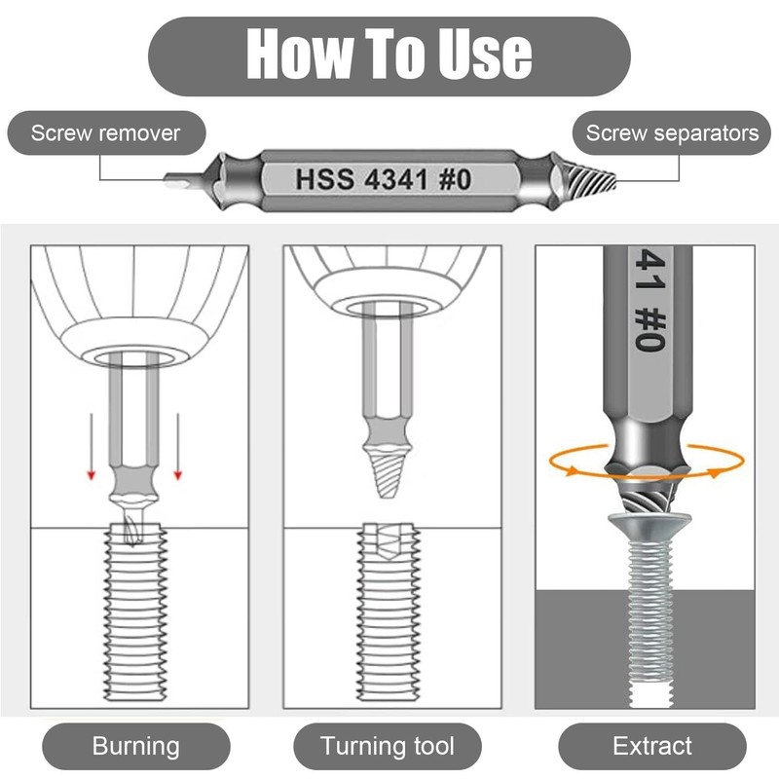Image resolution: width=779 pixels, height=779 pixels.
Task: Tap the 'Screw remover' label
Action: (x=106, y=133)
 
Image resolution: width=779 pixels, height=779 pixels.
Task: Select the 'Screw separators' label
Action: (x=672, y=133)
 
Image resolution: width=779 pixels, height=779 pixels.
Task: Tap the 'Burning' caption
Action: (x=135, y=747)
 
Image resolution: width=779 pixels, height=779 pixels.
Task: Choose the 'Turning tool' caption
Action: (x=388, y=747)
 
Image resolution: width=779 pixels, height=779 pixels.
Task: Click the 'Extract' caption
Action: (x=651, y=747)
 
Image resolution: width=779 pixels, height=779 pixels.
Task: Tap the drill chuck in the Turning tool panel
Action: (x=388, y=282)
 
